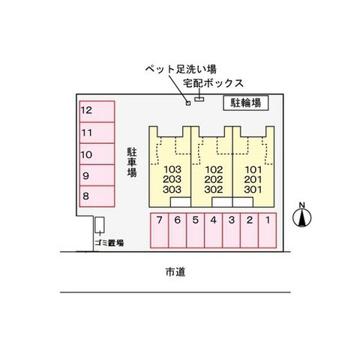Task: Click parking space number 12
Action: point(97,112)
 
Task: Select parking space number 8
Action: point(97,196)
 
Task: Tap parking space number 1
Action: point(267,230)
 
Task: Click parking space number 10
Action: point(97,154)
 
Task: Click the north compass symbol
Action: point(302,215)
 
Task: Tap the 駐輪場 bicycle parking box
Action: point(246,103)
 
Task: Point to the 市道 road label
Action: point(175,271)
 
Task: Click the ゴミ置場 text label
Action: point(109,243)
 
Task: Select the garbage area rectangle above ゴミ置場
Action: point(100,225)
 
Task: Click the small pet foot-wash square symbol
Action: point(188,103)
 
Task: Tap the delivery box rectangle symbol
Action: point(199,99)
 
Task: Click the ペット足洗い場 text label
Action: point(181,69)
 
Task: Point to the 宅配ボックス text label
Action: point(213,83)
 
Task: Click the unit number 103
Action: point(172,169)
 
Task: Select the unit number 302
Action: point(214,190)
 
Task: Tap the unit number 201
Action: point(253,179)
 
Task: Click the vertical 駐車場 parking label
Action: point(132,162)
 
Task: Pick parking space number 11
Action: point(97,133)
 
